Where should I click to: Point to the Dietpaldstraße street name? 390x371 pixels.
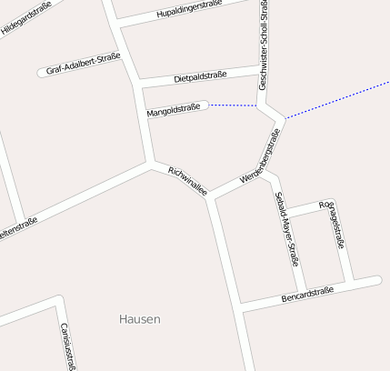[200, 75]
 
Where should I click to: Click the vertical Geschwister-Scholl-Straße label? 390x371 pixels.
[263, 45]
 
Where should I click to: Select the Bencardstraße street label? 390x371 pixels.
[307, 294]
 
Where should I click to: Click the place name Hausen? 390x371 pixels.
[140, 319]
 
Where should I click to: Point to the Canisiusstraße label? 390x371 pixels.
[67, 346]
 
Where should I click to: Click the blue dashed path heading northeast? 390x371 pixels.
[336, 100]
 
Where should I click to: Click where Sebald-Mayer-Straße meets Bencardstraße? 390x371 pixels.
[304, 295]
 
